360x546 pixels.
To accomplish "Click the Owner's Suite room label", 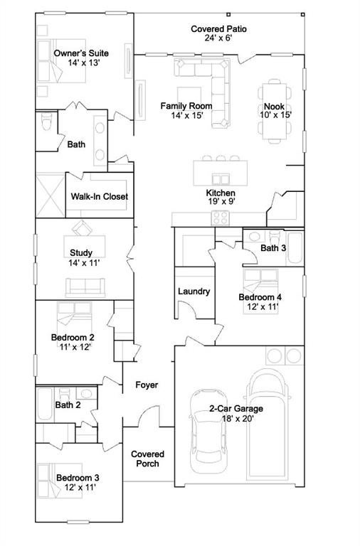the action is (x=81, y=53).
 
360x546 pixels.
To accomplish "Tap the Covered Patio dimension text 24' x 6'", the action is (x=218, y=38).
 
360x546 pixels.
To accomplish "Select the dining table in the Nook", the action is (x=275, y=112).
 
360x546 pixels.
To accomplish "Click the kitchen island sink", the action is (x=221, y=179).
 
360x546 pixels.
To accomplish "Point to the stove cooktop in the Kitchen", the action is (x=221, y=218).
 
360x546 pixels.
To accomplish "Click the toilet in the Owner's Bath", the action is (x=46, y=121).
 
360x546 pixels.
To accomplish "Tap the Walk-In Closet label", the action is (x=100, y=196).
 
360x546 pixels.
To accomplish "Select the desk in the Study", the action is (x=84, y=241).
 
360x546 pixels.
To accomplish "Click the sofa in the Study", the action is (x=85, y=287).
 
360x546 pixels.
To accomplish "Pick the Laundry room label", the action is (x=194, y=291).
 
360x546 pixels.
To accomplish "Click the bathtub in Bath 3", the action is (x=295, y=248).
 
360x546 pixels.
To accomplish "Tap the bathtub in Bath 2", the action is (x=44, y=404).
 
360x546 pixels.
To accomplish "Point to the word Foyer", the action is (x=147, y=385).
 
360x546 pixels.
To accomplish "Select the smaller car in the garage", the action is (x=208, y=432).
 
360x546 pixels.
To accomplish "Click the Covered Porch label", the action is (x=147, y=459).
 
